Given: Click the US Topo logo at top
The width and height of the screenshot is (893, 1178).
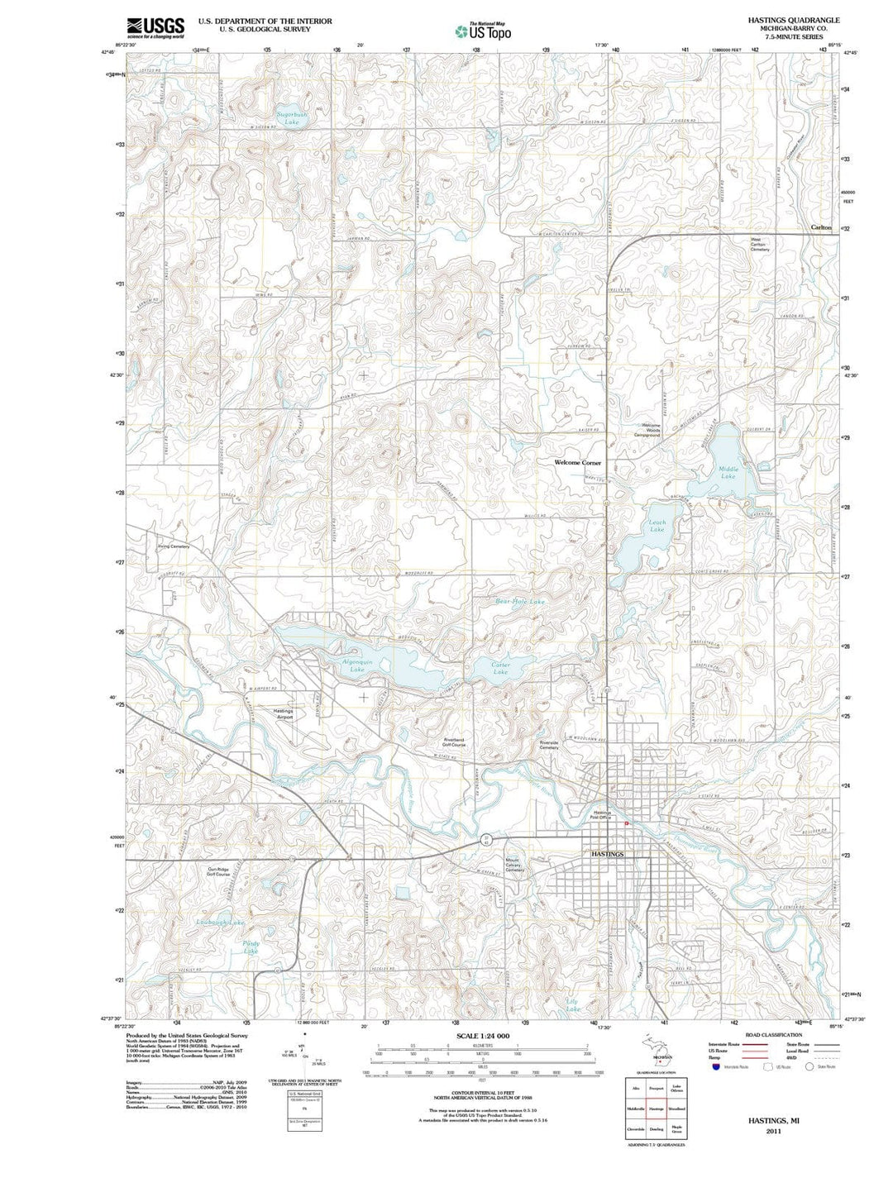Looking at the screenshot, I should tap(483, 31).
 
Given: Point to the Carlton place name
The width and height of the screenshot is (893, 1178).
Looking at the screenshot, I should tap(820, 227).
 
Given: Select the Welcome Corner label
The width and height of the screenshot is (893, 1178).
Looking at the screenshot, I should tap(578, 463).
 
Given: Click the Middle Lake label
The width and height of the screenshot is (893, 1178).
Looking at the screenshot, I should tap(728, 473).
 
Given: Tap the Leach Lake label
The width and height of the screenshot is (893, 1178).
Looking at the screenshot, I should tap(657, 526).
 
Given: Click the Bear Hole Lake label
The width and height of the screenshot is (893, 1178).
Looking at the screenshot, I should tap(520, 602).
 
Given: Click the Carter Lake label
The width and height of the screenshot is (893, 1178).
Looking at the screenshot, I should tap(500, 669).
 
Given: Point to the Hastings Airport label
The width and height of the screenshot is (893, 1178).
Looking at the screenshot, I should tap(284, 714).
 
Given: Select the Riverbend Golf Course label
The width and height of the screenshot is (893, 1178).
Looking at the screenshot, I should tap(455, 742).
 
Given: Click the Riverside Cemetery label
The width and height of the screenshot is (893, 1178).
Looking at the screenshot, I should tap(549, 745).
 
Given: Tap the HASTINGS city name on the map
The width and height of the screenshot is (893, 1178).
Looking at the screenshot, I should tap(608, 853).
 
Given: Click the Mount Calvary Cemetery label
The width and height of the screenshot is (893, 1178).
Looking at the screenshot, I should tap(514, 865).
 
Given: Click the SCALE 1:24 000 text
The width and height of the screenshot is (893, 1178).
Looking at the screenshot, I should tap(483, 1036).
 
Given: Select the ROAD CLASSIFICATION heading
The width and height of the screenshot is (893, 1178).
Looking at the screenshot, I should tap(773, 1035).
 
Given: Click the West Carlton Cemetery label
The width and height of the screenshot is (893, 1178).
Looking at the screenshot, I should tap(760, 245).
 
